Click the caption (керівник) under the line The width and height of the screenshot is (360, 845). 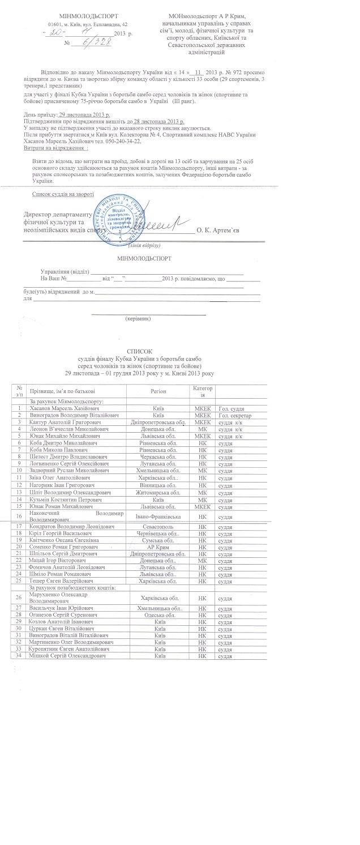click(139, 318)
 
